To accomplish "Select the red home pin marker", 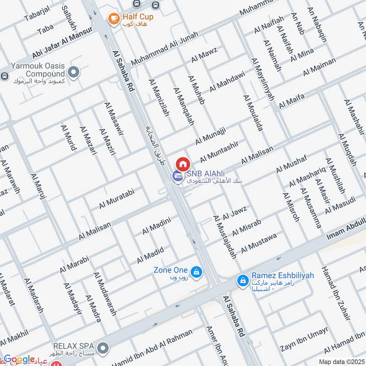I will pos(183,163).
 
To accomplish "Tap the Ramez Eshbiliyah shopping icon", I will pos(242,280).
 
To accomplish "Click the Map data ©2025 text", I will pos(341,362).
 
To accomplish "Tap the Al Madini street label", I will pos(156,226).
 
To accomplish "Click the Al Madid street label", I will pos(150,255).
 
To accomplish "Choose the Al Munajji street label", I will pos(210,136).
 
